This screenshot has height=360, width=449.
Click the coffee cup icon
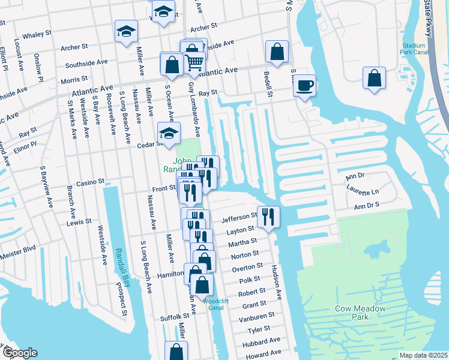(305, 85)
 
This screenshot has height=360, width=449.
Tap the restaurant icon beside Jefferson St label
(268, 217)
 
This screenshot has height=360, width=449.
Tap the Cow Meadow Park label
(360, 313)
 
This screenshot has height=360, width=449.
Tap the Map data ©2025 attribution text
(423, 355)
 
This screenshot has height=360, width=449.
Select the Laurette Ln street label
(363, 192)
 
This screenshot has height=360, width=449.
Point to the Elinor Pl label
(25, 146)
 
